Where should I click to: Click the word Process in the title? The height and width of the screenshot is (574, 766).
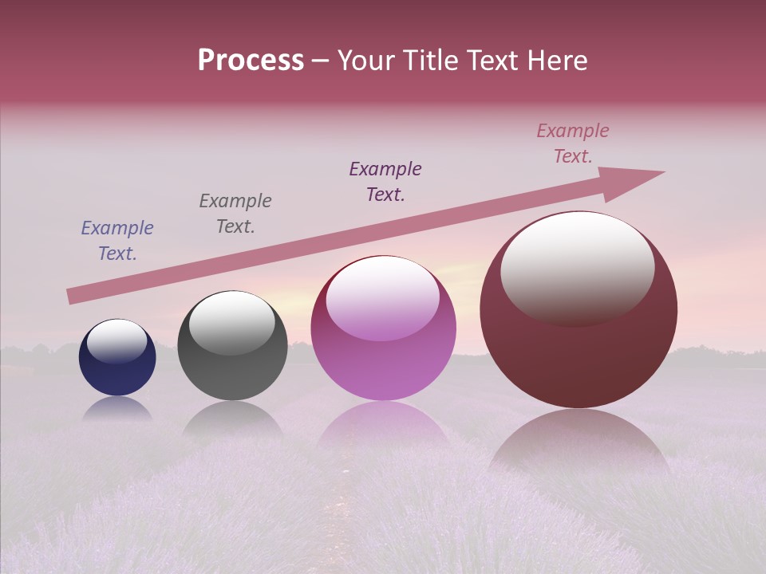tap(251, 61)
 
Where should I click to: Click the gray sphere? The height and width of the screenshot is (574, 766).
tap(232, 351)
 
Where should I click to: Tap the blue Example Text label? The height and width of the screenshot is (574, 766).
tap(117, 241)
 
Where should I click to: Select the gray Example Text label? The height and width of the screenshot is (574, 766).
tap(235, 214)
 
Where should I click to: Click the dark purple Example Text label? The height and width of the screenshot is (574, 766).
tap(385, 182)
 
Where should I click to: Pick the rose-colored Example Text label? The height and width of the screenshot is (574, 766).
tap(573, 143)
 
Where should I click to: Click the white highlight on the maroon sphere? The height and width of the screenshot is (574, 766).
tap(577, 267)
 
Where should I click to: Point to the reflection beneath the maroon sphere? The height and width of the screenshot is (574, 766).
tap(578, 438)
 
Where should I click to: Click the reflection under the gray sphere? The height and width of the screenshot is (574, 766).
tap(232, 419)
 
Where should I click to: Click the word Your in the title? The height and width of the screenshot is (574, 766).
tap(365, 61)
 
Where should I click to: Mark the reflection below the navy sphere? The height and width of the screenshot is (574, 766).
tap(117, 409)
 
